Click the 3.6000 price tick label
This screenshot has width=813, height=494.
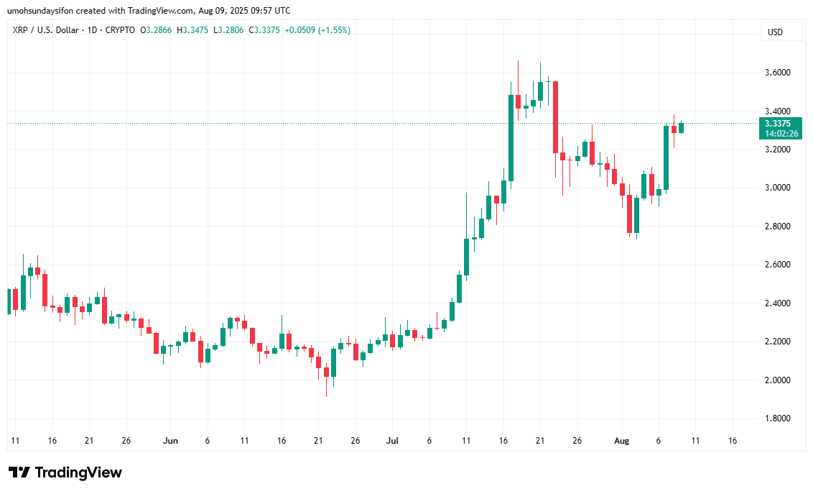coord(778,73)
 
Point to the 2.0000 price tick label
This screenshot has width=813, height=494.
coord(778,380)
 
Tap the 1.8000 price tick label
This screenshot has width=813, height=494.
coord(778,418)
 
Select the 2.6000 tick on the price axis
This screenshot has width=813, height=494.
coord(778,265)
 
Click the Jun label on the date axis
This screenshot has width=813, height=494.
coord(170,440)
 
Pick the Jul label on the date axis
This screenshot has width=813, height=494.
coord(392,440)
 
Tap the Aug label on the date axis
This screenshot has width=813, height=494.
coord(621,440)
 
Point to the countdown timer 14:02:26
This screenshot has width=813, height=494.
coord(781,134)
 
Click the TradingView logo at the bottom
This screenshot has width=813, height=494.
coord(65,472)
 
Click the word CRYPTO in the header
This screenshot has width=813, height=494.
coord(119,30)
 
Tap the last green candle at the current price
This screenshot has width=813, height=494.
coord(681,127)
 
